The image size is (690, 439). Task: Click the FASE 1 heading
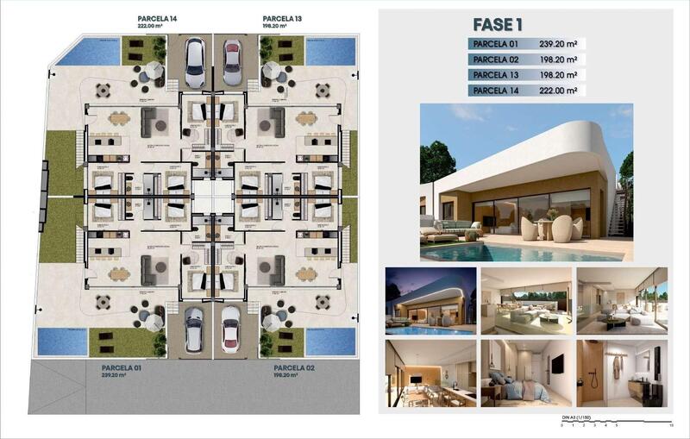[499, 24]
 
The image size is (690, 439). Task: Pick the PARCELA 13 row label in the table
[498, 75]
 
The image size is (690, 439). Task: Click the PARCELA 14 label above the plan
[159, 18]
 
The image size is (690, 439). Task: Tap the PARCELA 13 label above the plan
[282, 18]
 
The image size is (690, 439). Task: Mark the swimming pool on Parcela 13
[330, 52]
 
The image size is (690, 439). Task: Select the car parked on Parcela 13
[232, 62]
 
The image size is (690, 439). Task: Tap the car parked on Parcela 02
[231, 329]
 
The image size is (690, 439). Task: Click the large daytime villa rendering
[526, 182]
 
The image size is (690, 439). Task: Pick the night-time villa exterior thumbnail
[430, 300]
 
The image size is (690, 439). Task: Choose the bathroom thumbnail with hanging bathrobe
[621, 372]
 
